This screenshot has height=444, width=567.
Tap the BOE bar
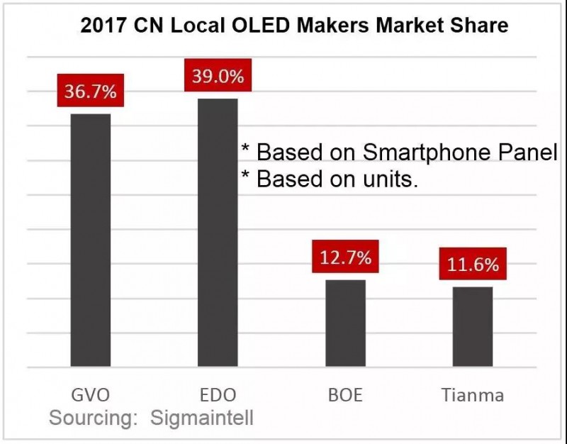(345, 323)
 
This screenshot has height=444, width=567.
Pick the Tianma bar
(473, 327)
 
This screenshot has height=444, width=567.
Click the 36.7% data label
(90, 92)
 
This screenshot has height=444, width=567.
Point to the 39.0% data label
(218, 76)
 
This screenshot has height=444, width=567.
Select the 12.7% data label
(345, 257)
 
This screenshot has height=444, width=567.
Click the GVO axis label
(90, 394)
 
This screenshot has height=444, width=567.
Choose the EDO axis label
(218, 394)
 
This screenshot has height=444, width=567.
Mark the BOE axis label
(345, 394)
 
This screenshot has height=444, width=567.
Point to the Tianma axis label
(473, 394)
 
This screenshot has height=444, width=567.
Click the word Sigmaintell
(202, 418)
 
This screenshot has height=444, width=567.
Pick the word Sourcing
(93, 418)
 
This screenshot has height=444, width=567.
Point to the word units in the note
(388, 179)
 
